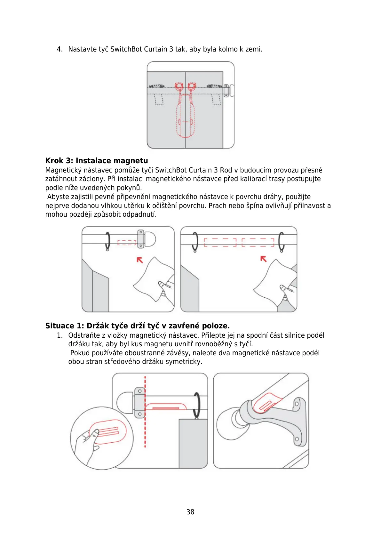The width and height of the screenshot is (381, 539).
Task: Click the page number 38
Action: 190,512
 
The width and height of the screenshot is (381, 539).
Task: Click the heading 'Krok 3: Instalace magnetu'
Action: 97,161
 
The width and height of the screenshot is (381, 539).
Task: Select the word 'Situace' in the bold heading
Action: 60,326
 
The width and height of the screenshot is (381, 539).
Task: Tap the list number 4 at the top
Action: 59,49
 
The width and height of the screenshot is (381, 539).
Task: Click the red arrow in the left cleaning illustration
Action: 140,260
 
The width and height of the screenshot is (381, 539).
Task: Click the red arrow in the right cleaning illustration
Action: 263,259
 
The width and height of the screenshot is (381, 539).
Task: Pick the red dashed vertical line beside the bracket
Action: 145,413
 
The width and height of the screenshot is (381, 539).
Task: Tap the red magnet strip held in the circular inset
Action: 108,431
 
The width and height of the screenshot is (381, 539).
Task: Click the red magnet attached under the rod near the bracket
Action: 166,407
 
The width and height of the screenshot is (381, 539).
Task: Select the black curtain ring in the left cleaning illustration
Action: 107,241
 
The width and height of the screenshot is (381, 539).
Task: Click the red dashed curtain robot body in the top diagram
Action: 185,115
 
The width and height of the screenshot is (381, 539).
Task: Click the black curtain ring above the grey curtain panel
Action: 197,405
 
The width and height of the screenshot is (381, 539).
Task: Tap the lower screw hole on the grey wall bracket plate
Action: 297,439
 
